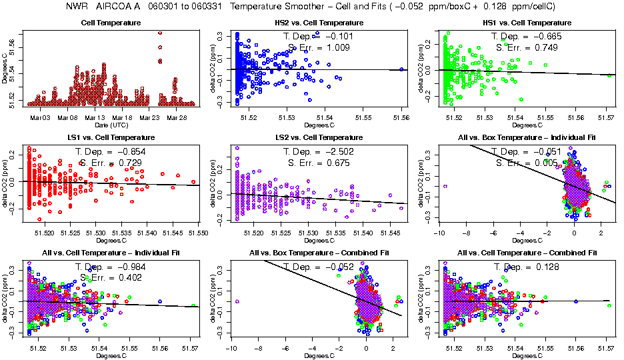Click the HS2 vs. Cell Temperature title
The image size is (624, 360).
[x=319, y=23]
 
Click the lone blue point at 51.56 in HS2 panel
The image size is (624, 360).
[x=401, y=69]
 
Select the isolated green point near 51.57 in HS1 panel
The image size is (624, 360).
[x=609, y=75]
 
